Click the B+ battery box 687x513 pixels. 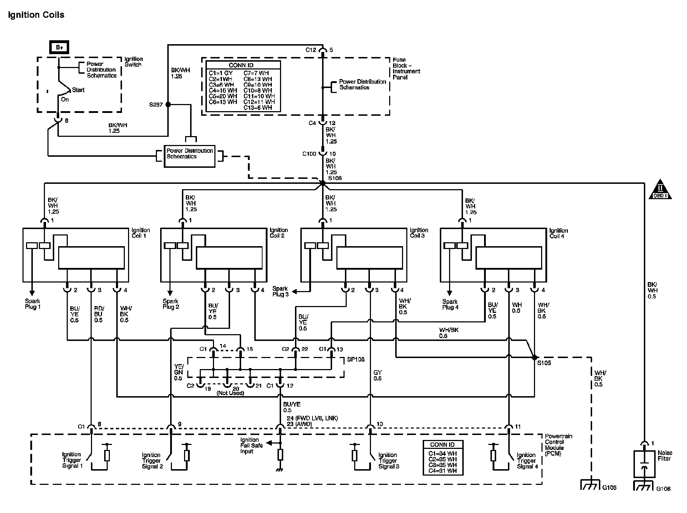pos(60,47)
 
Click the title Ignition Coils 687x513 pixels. pos(36,15)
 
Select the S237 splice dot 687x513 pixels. pos(168,105)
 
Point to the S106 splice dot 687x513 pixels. pos(322,183)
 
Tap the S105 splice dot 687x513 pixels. pos(534,357)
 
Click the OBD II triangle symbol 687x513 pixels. pos(660,190)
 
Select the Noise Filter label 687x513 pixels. pos(665,456)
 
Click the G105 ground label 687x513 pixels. pos(609,487)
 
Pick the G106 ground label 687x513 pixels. pos(663,489)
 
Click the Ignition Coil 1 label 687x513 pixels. pos(141,233)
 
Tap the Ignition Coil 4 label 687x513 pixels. pos(558,233)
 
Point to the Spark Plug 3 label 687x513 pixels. pos(280,291)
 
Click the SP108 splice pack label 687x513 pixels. pos(356,359)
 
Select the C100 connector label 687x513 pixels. pos(309,154)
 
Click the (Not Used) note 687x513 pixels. pos(230,393)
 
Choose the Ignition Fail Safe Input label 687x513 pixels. pos(251,445)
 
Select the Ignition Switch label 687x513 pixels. pos(133,62)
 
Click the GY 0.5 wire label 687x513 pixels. pos(377,375)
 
